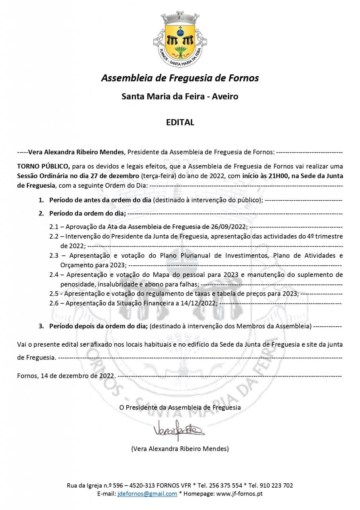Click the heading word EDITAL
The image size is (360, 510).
(x=180, y=122)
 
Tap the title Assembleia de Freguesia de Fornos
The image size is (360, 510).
(x=180, y=78)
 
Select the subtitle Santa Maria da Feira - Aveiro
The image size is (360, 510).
(x=180, y=96)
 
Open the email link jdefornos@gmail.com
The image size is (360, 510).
(x=147, y=494)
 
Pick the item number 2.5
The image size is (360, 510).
(x=54, y=294)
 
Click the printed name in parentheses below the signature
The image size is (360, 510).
(x=180, y=449)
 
